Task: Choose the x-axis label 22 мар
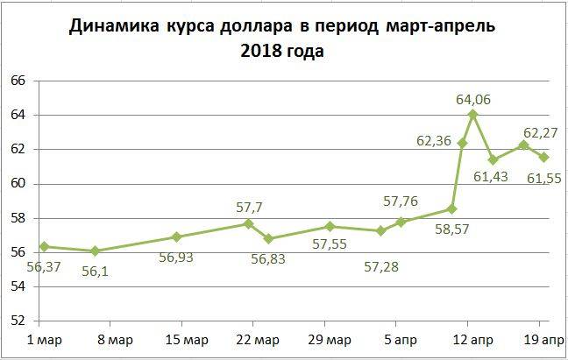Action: pyautogui.click(x=259, y=340)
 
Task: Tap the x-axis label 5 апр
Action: pyautogui.click(x=400, y=340)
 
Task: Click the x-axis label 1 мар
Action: pyautogui.click(x=44, y=340)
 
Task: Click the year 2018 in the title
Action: pyautogui.click(x=259, y=52)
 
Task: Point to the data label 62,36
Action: pyautogui.click(x=434, y=139)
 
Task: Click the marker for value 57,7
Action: pyautogui.click(x=248, y=223)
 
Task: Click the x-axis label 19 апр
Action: pyautogui.click(x=543, y=340)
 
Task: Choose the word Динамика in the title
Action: pyautogui.click(x=110, y=26)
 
